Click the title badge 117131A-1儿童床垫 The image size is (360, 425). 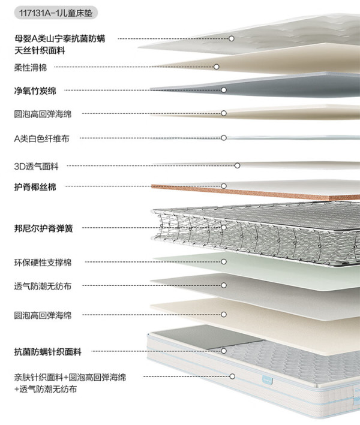pos(56,13)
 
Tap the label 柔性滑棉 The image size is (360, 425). pos(31,67)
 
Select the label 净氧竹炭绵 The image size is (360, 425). pos(35,91)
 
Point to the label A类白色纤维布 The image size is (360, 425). pos(41,138)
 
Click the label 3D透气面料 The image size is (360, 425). pos(36,166)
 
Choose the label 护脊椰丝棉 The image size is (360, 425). pos(35,187)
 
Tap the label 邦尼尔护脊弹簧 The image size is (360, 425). pos(43,228)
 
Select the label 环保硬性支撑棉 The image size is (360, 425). pos(43,263)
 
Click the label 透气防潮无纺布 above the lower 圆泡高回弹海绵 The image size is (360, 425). pos(43,286)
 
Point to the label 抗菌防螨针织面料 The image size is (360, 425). pos(48,352)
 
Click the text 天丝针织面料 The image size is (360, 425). pos(40,50)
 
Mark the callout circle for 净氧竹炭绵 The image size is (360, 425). pos(224,90)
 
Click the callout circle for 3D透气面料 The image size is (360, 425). pos(238,165)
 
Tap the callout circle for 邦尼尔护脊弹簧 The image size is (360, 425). pos(224,227)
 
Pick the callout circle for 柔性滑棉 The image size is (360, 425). pos(217,67)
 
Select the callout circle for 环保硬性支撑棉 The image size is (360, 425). pos(224,261)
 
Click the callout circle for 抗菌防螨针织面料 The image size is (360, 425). pos(224,351)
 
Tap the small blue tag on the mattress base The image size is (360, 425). pos(268,380)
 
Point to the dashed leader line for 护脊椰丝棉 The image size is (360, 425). pos(143,186)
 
